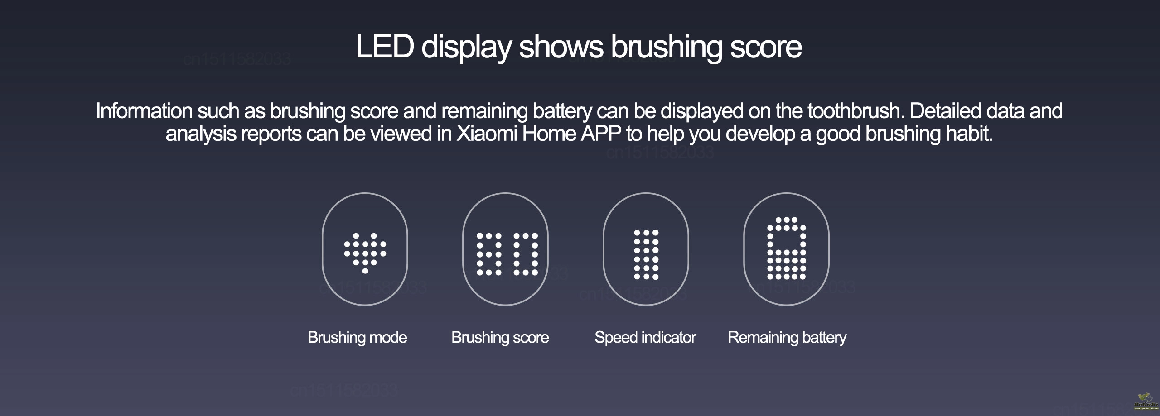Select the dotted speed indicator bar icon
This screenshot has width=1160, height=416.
coord(646,254)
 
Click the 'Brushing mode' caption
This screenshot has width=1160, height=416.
coord(357,338)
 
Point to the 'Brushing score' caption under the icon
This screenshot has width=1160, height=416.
coord(500,338)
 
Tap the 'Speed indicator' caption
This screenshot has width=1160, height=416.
coord(645,338)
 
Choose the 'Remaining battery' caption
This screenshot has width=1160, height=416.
coord(787,338)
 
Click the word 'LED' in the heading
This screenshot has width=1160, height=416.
coord(385,47)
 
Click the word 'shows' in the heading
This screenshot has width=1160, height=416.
coord(561,47)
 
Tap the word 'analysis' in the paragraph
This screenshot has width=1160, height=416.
coord(201,134)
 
